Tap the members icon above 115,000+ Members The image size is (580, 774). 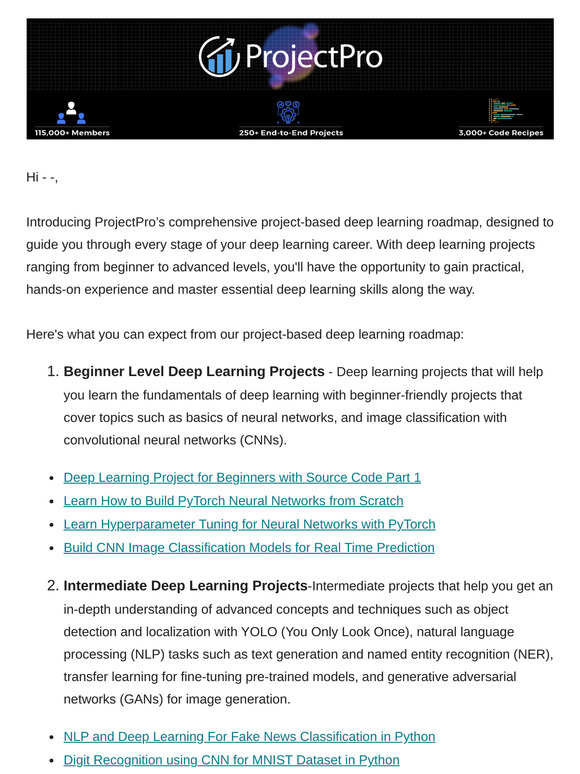(x=72, y=111)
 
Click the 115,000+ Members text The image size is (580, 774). (x=72, y=132)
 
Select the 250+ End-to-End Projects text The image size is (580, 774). (x=290, y=132)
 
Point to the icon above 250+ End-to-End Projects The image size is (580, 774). (x=289, y=111)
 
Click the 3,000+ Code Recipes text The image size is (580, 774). (x=506, y=132)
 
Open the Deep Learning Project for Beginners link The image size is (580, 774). (x=242, y=477)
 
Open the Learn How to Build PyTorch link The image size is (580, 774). (x=233, y=500)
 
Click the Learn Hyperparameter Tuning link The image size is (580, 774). (x=249, y=524)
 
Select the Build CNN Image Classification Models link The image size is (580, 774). (x=249, y=547)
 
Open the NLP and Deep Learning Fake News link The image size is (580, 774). (x=249, y=736)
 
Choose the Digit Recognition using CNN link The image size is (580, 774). (x=231, y=760)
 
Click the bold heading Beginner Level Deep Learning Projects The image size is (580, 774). (x=194, y=372)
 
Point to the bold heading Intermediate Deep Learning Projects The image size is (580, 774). (x=185, y=585)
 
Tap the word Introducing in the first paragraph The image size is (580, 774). (x=58, y=221)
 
